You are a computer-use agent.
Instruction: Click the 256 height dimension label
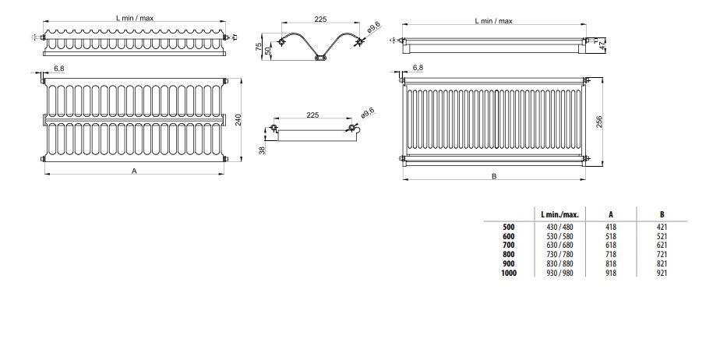[600, 121]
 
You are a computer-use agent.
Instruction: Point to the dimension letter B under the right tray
[493, 176]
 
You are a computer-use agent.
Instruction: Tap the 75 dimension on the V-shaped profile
[258, 47]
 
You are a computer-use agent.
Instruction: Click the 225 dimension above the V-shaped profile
[321, 19]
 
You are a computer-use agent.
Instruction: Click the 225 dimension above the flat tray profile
[312, 115]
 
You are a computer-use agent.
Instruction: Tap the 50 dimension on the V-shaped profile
[268, 51]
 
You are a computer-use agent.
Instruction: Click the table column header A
[610, 214]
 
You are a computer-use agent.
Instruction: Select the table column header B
[662, 214]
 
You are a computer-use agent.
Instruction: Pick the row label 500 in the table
[509, 226]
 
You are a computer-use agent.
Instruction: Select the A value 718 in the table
[610, 254]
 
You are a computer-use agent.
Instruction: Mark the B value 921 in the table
[662, 273]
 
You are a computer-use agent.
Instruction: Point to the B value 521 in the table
[662, 235]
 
